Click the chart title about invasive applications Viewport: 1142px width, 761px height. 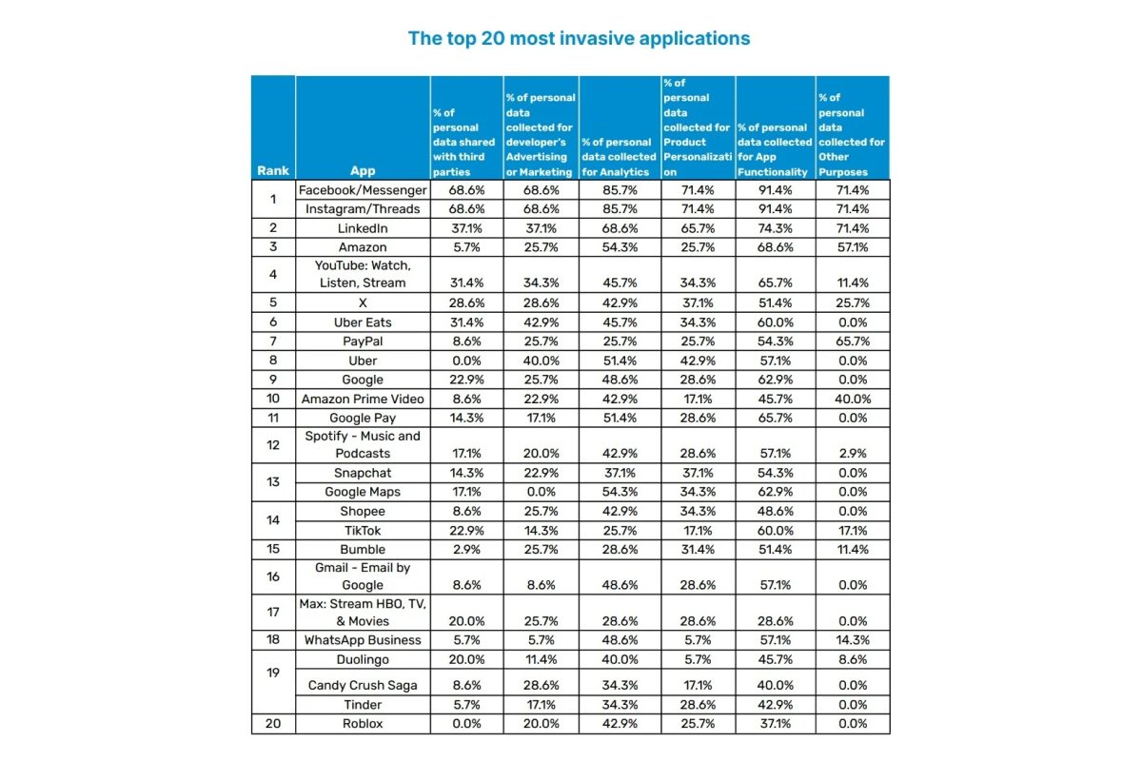(579, 39)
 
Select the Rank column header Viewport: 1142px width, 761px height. (273, 171)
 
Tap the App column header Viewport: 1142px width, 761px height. (363, 171)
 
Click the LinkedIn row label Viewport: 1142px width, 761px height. (363, 228)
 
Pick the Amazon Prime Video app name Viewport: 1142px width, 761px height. (363, 399)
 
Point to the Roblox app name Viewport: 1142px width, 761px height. (363, 723)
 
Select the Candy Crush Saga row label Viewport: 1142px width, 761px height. (363, 685)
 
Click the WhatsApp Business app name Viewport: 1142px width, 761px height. (363, 640)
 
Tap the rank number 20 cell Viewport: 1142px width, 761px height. (273, 723)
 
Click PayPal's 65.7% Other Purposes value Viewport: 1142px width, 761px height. (853, 341)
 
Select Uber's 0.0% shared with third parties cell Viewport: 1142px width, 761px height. (466, 361)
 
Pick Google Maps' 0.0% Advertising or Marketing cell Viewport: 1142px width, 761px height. (540, 492)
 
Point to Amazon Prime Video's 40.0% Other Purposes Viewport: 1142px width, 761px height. (853, 399)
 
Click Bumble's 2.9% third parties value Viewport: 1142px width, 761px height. (466, 549)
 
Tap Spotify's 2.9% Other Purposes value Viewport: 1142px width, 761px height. (853, 454)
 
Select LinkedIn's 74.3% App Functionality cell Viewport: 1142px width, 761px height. (773, 228)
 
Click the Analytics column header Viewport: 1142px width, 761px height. (619, 157)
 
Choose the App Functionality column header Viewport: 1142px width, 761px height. (773, 149)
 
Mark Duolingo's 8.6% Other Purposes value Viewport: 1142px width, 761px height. (853, 658)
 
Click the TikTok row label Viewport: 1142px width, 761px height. (363, 530)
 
